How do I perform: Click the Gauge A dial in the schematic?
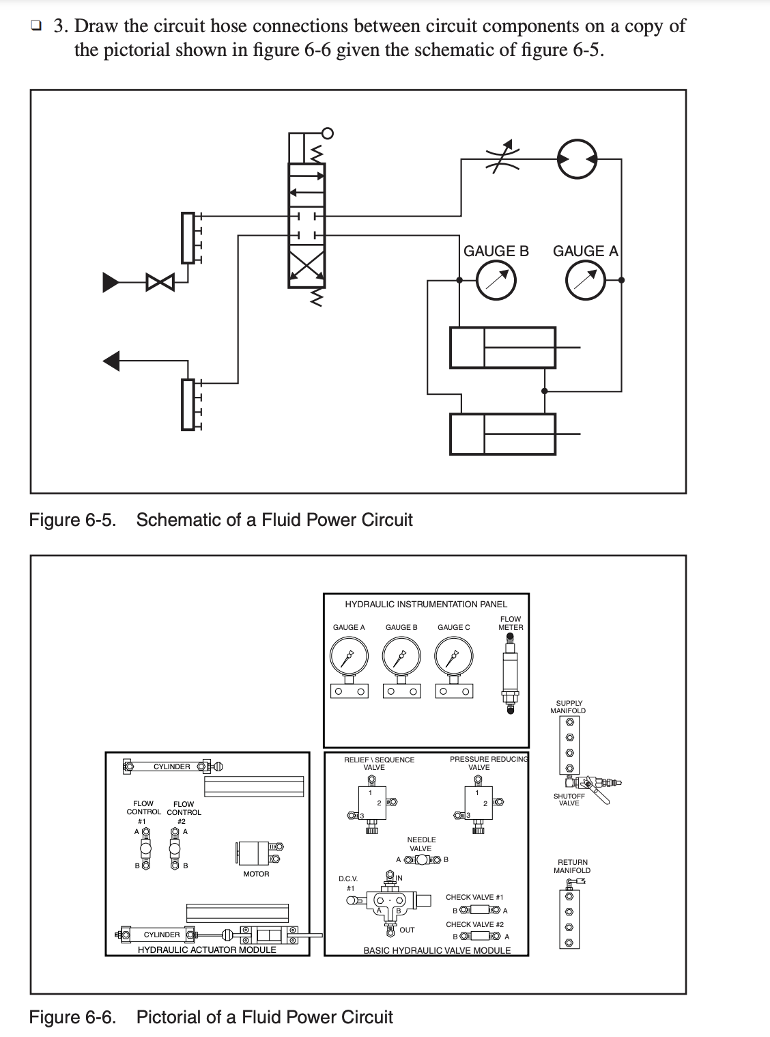pos(586,281)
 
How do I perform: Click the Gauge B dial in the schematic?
pos(496,281)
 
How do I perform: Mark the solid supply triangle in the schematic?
pos(111,281)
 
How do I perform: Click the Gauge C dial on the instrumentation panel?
pos(453,657)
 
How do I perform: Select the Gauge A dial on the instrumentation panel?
pos(349,657)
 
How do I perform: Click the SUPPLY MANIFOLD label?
pos(568,707)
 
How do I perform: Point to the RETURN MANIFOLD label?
pos(572,866)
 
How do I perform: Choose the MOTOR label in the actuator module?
pos(256,874)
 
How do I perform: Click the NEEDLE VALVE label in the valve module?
pos(421,844)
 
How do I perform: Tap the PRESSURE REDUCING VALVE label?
pos(488,763)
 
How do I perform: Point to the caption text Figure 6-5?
pos(72,520)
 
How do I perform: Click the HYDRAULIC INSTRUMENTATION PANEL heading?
pos(426,604)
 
